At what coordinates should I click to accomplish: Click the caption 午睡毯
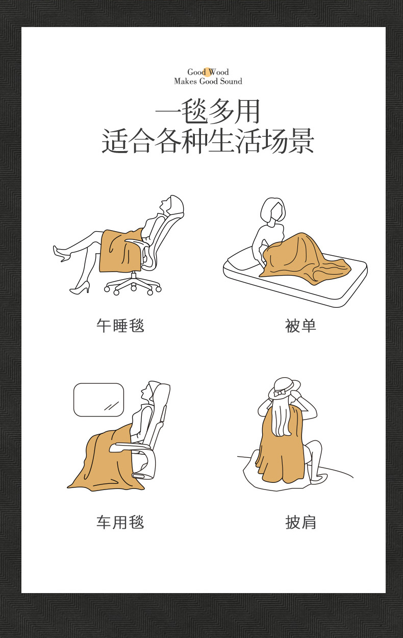pos(120,325)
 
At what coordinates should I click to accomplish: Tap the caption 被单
pos(300,326)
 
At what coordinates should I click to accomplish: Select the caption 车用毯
pos(120,522)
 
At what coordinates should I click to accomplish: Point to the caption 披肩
pos(300,522)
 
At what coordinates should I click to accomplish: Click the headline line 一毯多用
pos(208,112)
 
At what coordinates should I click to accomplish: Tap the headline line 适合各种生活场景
pos(208,141)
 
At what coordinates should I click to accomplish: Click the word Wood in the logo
pos(218,72)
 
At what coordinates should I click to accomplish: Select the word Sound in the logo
pos(231,82)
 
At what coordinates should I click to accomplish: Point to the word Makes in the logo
pos(185,82)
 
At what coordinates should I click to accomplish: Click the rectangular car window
pos(99,400)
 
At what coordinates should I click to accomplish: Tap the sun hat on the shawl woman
pos(284,388)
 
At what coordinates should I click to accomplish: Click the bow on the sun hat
pos(279,394)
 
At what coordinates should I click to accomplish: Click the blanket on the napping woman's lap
pos(121,251)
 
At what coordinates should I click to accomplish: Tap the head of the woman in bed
pos(272,210)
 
